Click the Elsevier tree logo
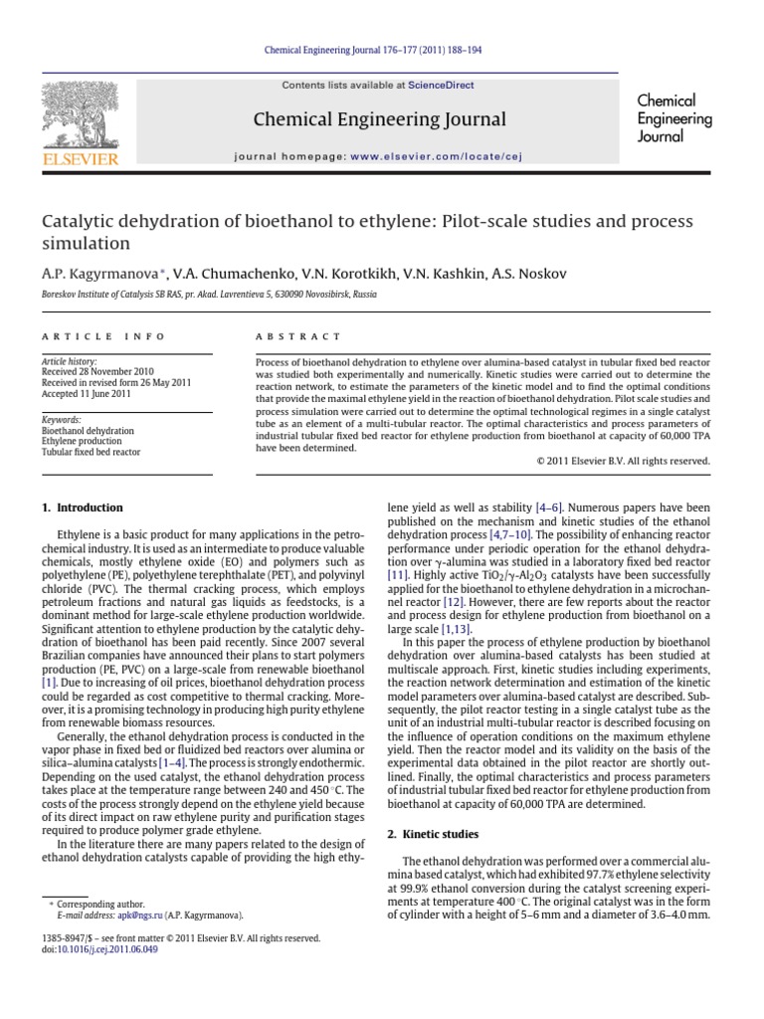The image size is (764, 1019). tap(79, 115)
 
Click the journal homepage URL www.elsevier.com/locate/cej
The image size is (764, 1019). tap(436, 156)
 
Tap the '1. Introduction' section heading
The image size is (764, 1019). tap(82, 508)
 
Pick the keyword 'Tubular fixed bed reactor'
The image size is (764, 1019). tap(91, 452)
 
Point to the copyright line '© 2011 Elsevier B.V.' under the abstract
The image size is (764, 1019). tap(623, 461)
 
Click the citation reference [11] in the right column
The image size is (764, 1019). tap(397, 576)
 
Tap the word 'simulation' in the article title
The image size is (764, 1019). tap(86, 244)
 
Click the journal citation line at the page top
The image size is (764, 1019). tap(381, 52)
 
